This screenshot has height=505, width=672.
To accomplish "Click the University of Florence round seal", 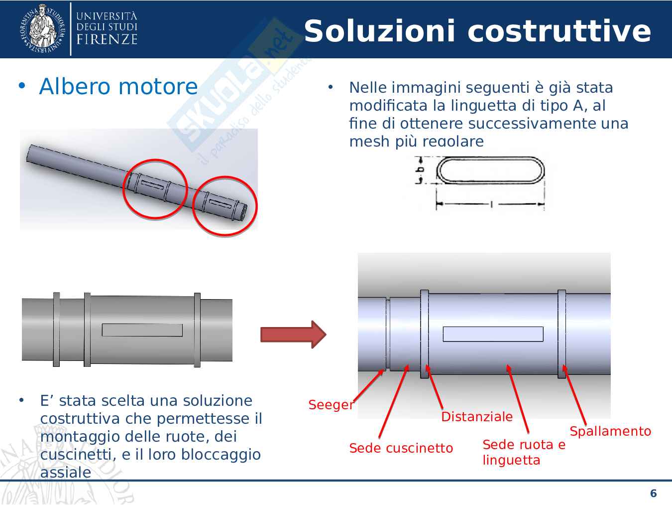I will tap(43, 28).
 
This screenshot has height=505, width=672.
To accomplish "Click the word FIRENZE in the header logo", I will tap(107, 39).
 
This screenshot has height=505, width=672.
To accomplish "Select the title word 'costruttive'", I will tap(559, 31).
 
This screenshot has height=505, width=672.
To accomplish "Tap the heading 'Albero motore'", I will tap(118, 86).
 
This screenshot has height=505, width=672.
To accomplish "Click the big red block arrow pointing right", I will tap(293, 334).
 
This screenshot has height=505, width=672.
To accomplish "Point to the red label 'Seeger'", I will tap(331, 404).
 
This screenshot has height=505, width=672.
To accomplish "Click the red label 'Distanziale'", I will tap(477, 416).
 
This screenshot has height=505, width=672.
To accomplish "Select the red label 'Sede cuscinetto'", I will tap(401, 448).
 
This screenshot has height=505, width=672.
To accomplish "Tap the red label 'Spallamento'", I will tap(610, 431).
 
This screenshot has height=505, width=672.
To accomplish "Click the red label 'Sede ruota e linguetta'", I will tap(523, 452).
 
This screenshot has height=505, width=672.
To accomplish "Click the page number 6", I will tap(653, 493).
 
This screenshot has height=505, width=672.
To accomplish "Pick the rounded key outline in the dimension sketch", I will tap(490, 171).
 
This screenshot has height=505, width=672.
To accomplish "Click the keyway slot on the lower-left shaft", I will tap(142, 330).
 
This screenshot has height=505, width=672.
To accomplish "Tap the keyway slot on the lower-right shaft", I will tap(493, 334).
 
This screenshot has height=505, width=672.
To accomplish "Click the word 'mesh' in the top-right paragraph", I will tap(369, 141).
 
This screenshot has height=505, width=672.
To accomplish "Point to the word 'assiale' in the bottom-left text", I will tap(66, 472).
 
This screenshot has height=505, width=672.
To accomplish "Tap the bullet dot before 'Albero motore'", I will tap(21, 86).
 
